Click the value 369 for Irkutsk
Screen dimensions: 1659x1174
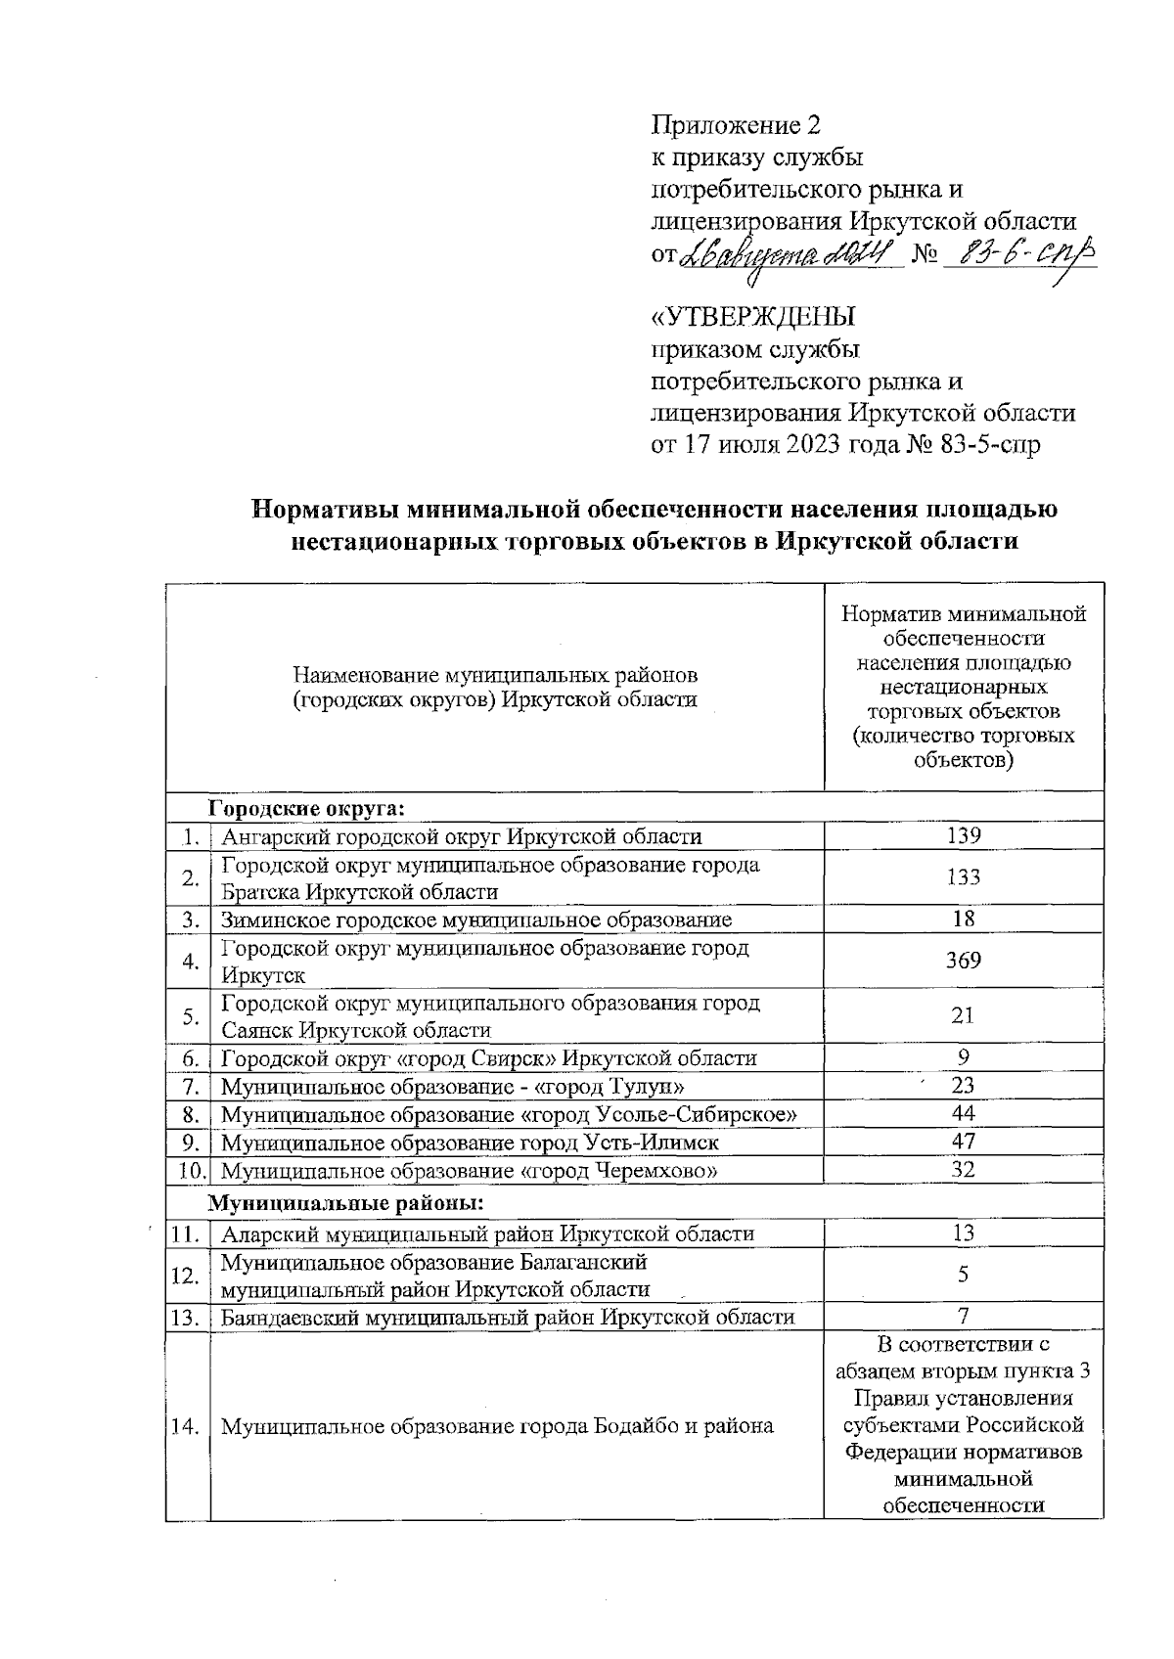point(963,961)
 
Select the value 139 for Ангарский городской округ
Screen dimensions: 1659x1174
point(963,835)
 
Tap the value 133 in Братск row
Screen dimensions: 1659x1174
point(963,877)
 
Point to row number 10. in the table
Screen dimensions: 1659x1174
point(189,1170)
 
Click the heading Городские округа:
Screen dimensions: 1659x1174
point(306,807)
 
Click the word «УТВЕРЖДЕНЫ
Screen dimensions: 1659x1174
point(753,318)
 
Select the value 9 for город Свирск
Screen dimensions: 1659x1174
point(963,1057)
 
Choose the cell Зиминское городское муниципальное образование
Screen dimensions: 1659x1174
point(475,919)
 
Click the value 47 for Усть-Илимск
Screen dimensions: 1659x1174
point(963,1142)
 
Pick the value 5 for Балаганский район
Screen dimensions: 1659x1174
point(963,1275)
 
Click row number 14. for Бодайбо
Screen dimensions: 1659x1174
point(186,1425)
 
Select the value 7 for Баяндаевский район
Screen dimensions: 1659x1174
point(963,1316)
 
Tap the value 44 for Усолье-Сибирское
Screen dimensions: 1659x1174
point(963,1113)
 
